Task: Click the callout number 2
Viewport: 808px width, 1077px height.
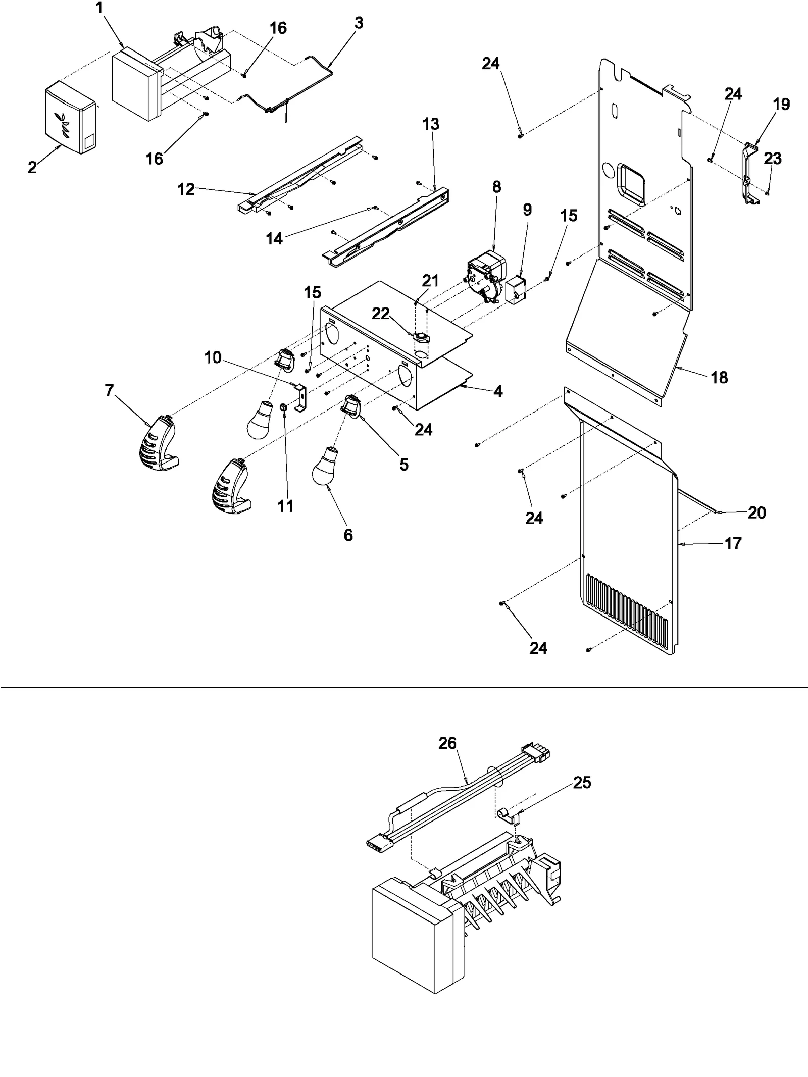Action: click(x=32, y=168)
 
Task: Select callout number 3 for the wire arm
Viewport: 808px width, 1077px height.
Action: click(x=358, y=24)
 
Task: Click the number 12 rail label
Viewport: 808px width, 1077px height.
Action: click(x=186, y=189)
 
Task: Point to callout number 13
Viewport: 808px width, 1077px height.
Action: click(x=431, y=124)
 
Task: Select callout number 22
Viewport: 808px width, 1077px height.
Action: click(x=381, y=314)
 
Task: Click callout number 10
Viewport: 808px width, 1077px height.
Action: click(x=213, y=357)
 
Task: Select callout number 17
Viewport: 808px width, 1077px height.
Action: click(x=733, y=544)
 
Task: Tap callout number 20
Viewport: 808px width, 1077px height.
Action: click(x=756, y=512)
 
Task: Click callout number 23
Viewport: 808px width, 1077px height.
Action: click(x=773, y=159)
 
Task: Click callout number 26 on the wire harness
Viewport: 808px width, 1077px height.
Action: click(x=447, y=743)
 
